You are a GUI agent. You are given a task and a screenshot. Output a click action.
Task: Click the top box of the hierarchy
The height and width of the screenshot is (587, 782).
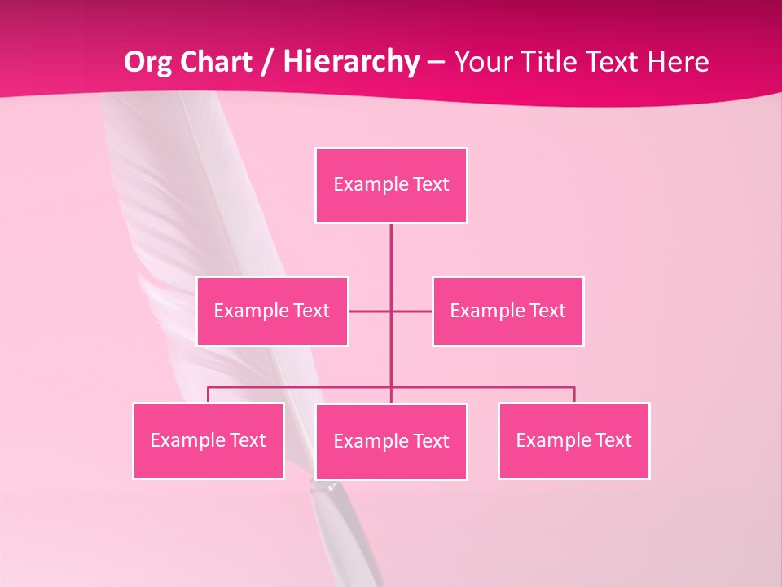(391, 185)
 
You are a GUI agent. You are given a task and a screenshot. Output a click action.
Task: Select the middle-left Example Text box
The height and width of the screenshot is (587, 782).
(272, 311)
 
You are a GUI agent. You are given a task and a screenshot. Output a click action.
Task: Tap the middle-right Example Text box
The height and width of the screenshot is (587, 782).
(507, 311)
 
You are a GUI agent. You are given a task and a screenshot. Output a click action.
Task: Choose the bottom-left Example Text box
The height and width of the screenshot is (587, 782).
(208, 441)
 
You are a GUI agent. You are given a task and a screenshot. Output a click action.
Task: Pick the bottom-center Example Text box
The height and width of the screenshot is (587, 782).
(391, 442)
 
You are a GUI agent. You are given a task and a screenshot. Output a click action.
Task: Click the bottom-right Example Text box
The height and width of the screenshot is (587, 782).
(573, 441)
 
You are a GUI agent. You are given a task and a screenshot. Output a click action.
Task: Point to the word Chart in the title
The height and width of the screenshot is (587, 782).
(213, 62)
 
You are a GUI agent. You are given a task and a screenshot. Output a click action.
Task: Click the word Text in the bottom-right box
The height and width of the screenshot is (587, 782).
(613, 441)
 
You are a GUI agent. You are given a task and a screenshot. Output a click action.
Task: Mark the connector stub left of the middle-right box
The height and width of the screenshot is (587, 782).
(412, 311)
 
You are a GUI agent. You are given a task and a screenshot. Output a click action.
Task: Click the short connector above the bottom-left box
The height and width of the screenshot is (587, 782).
(208, 395)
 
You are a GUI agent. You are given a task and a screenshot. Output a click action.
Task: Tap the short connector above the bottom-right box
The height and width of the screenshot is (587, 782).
(574, 395)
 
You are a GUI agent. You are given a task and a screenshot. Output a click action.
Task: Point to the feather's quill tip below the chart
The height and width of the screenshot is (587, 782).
(330, 488)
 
